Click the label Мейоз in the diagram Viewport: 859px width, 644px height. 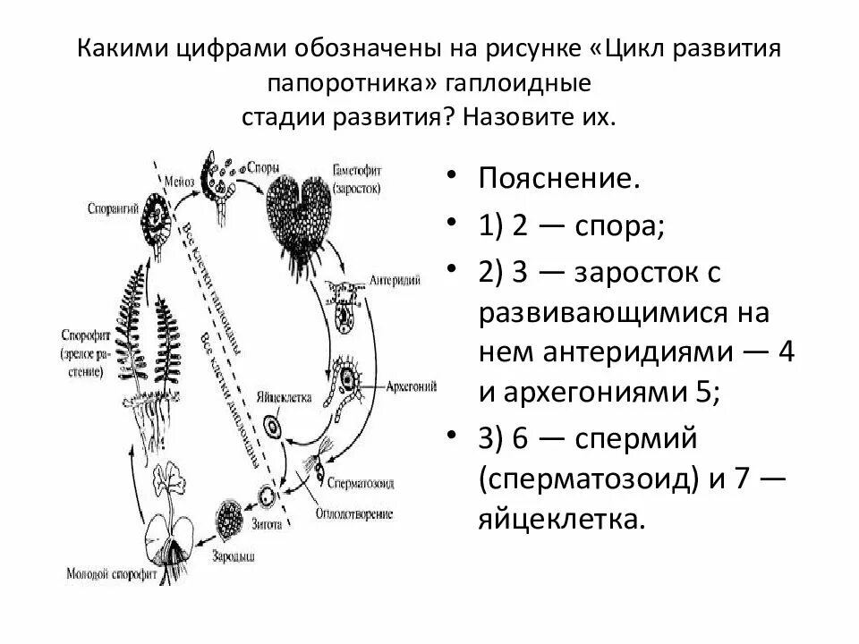click(x=178, y=181)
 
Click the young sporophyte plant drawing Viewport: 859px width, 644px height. click(x=168, y=528)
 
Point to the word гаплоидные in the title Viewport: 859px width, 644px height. click(x=512, y=84)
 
